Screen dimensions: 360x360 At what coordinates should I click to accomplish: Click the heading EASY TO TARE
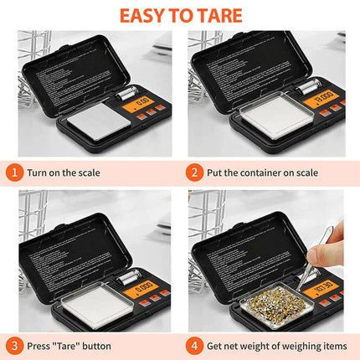click(180, 15)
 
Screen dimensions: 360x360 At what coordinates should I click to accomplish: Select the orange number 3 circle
click(14, 345)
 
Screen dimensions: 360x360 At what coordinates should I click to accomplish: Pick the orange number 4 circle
click(193, 345)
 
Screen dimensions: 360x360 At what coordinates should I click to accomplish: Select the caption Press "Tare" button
click(72, 345)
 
